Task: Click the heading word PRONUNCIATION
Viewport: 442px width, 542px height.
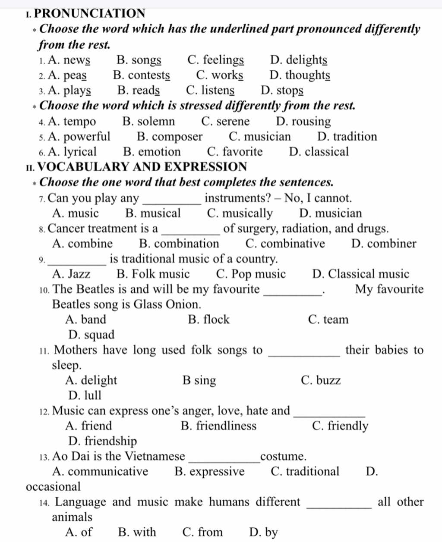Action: point(89,13)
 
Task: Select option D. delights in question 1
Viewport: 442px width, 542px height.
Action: point(298,60)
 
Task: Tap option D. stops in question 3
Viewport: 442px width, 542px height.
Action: point(282,91)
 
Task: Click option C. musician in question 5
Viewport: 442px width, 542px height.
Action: point(260,137)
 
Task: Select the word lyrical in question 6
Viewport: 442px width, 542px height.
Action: point(73,152)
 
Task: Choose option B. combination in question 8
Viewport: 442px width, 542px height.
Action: point(179,244)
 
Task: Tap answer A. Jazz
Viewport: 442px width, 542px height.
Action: point(71,274)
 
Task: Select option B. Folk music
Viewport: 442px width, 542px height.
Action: point(153,274)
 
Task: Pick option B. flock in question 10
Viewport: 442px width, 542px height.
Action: point(209,320)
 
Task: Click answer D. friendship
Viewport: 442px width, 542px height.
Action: point(103,441)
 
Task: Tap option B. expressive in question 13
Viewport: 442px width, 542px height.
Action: point(209,472)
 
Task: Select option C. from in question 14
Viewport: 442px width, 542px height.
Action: point(202,533)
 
